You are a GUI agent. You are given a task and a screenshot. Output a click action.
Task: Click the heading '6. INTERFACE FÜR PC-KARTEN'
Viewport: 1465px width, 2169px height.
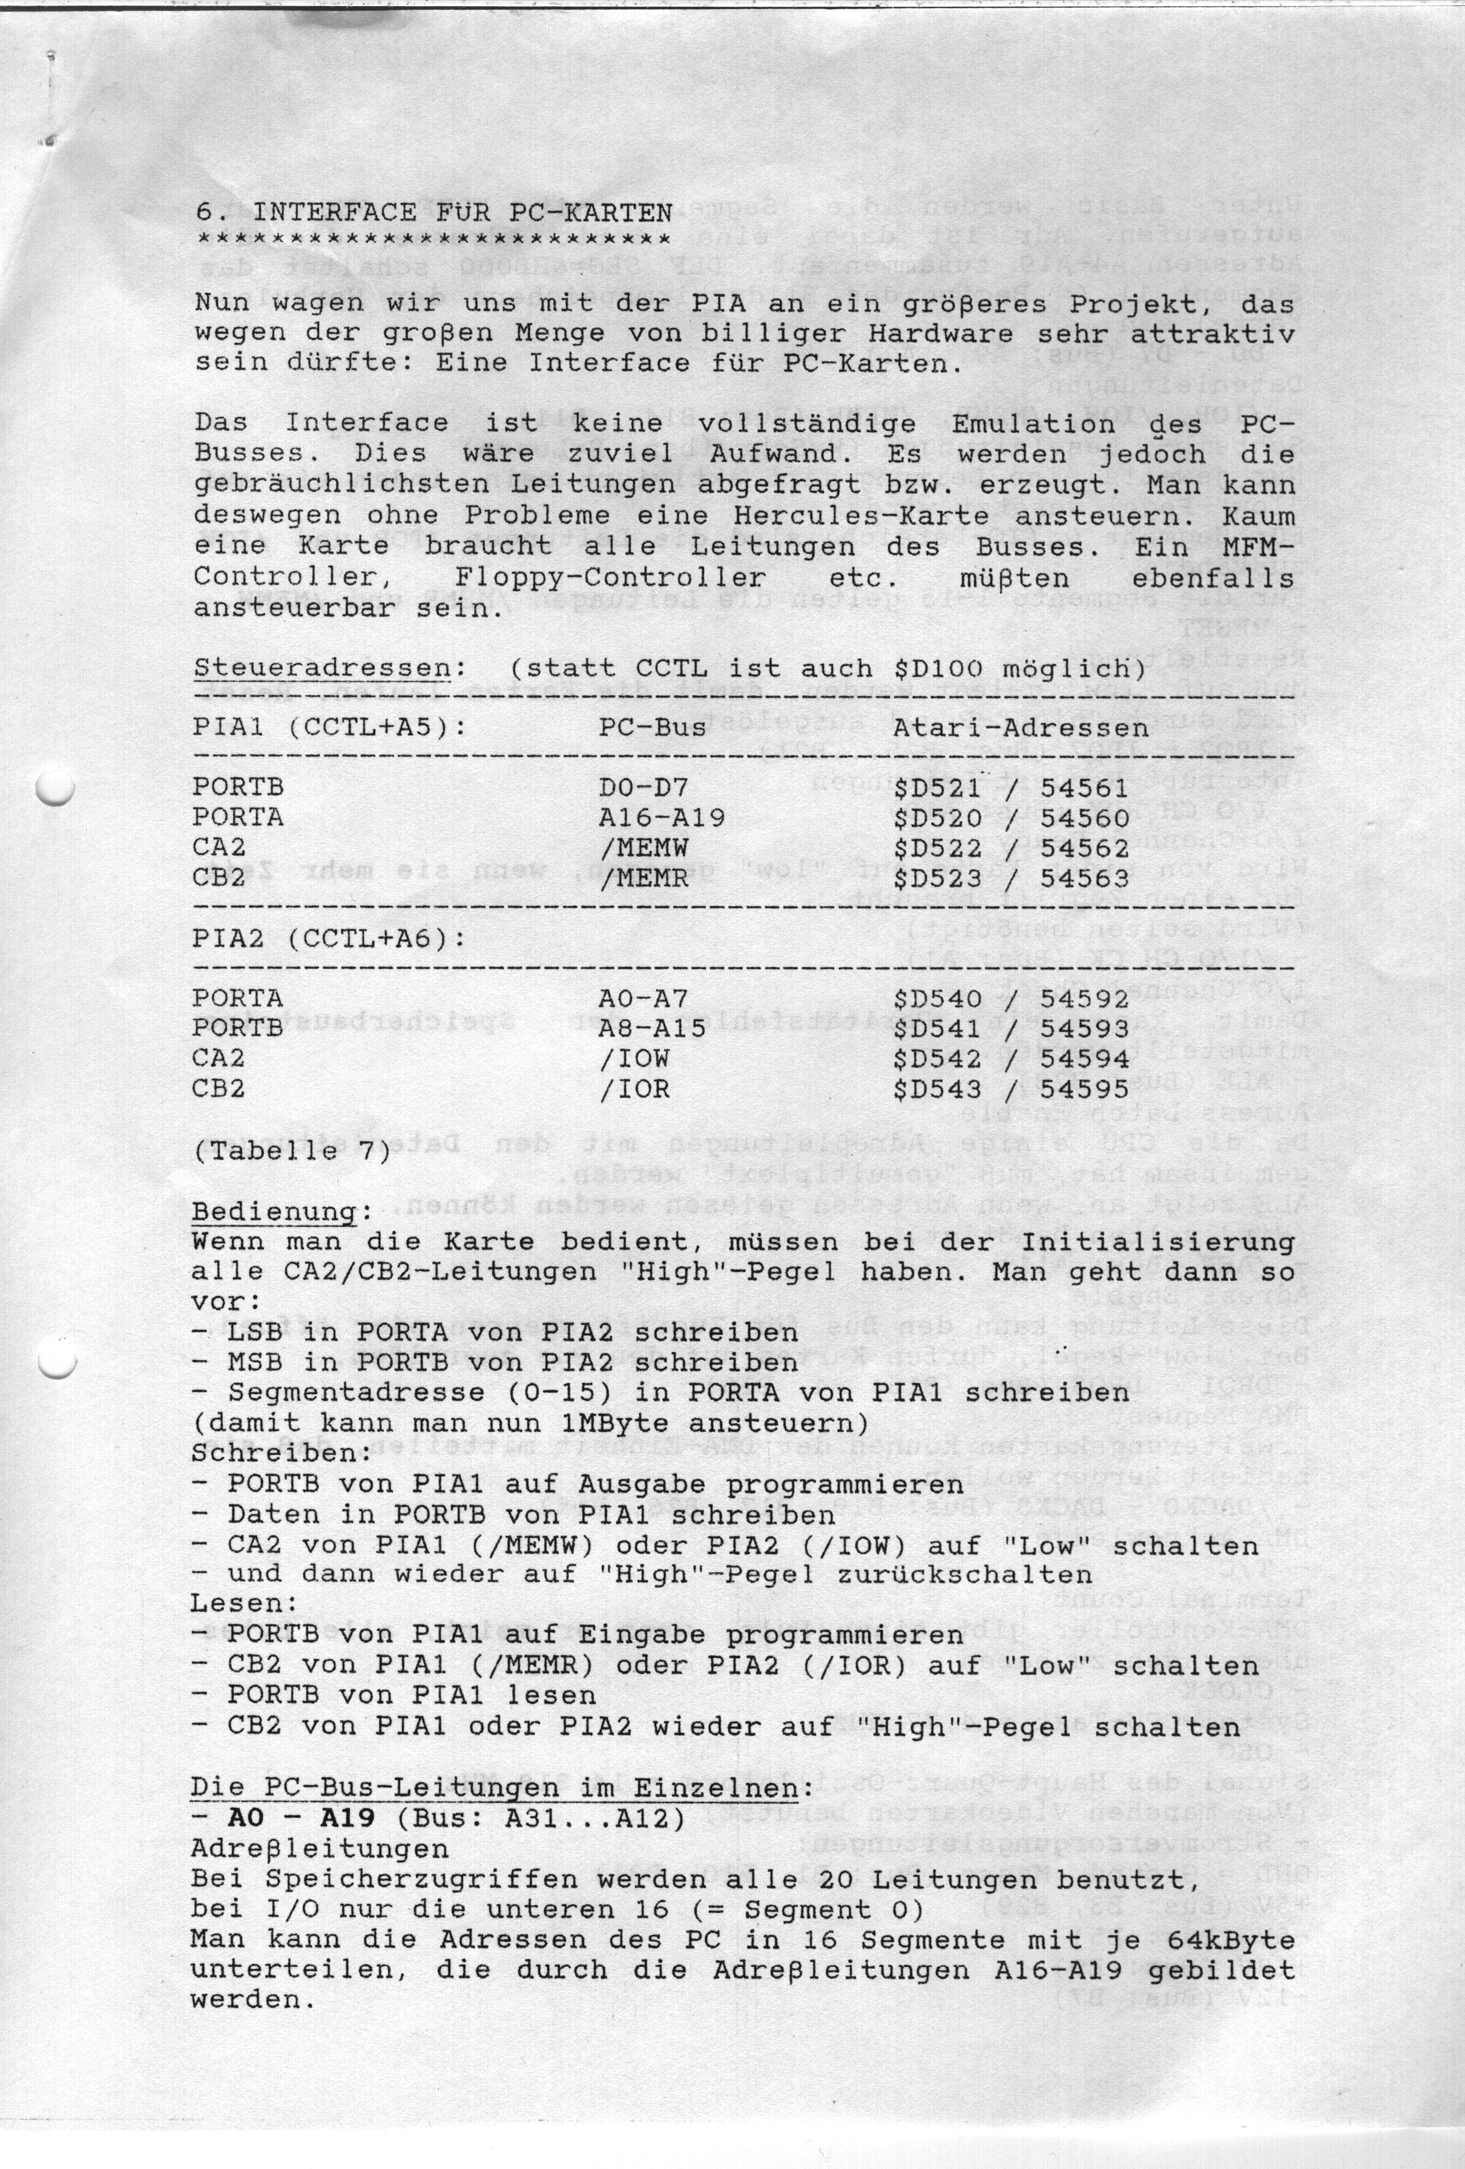click(433, 212)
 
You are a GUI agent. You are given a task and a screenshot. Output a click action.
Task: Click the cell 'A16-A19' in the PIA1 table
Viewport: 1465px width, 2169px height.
click(661, 818)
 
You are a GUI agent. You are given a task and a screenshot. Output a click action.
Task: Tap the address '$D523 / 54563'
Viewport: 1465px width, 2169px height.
click(1010, 878)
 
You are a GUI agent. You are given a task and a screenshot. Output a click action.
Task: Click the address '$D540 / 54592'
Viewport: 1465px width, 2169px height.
click(1010, 999)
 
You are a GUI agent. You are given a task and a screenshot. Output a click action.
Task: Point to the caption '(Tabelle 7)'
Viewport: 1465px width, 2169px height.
click(291, 1152)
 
